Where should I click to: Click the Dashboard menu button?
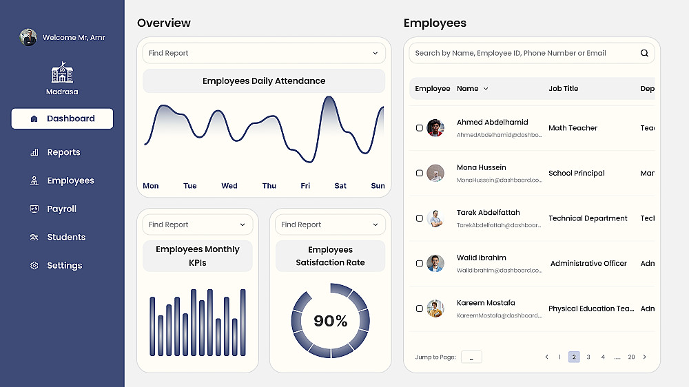pyautogui.click(x=62, y=118)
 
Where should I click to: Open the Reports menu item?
pyautogui.click(x=63, y=152)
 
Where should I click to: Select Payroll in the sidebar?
pyautogui.click(x=61, y=209)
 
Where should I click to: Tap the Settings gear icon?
pyautogui.click(x=34, y=266)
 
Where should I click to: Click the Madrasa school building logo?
pyautogui.click(x=62, y=73)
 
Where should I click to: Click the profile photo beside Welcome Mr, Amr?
pyautogui.click(x=28, y=37)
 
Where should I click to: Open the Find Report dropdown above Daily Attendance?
pyautogui.click(x=264, y=53)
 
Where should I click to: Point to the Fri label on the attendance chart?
pyautogui.click(x=305, y=186)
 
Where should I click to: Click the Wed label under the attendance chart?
pyautogui.click(x=229, y=186)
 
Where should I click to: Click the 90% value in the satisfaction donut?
pyautogui.click(x=331, y=321)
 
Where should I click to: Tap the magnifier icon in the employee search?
pyautogui.click(x=644, y=53)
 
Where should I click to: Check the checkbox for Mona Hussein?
pyautogui.click(x=420, y=174)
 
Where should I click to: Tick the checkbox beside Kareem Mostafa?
pyautogui.click(x=420, y=308)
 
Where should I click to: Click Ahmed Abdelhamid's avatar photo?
pyautogui.click(x=435, y=127)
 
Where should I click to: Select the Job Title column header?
pyautogui.click(x=563, y=89)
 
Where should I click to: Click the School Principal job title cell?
pyautogui.click(x=576, y=174)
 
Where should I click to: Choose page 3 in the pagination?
pyautogui.click(x=588, y=357)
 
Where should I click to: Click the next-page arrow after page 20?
pyautogui.click(x=644, y=357)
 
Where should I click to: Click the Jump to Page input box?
pyautogui.click(x=471, y=357)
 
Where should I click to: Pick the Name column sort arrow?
pyautogui.click(x=486, y=89)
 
